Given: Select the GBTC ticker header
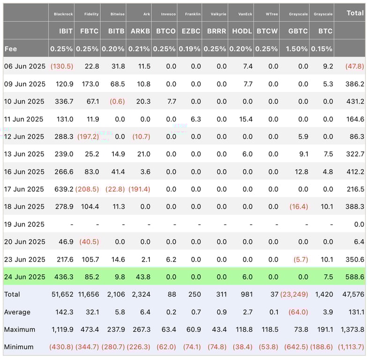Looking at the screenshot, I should pyautogui.click(x=298, y=31).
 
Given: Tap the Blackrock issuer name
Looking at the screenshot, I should pyautogui.click(x=63, y=14).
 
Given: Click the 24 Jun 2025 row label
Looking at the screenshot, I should pyautogui.click(x=24, y=277).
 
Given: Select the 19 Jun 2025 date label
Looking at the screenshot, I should pyautogui.click(x=24, y=224).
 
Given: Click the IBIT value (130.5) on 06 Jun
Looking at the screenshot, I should pyautogui.click(x=62, y=67).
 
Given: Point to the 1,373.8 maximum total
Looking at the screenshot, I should pyautogui.click(x=351, y=330).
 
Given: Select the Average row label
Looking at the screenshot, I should pyautogui.click(x=17, y=312).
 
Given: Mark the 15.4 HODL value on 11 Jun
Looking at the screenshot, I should pyautogui.click(x=246, y=119).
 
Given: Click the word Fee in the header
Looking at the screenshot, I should pyautogui.click(x=11, y=49).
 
